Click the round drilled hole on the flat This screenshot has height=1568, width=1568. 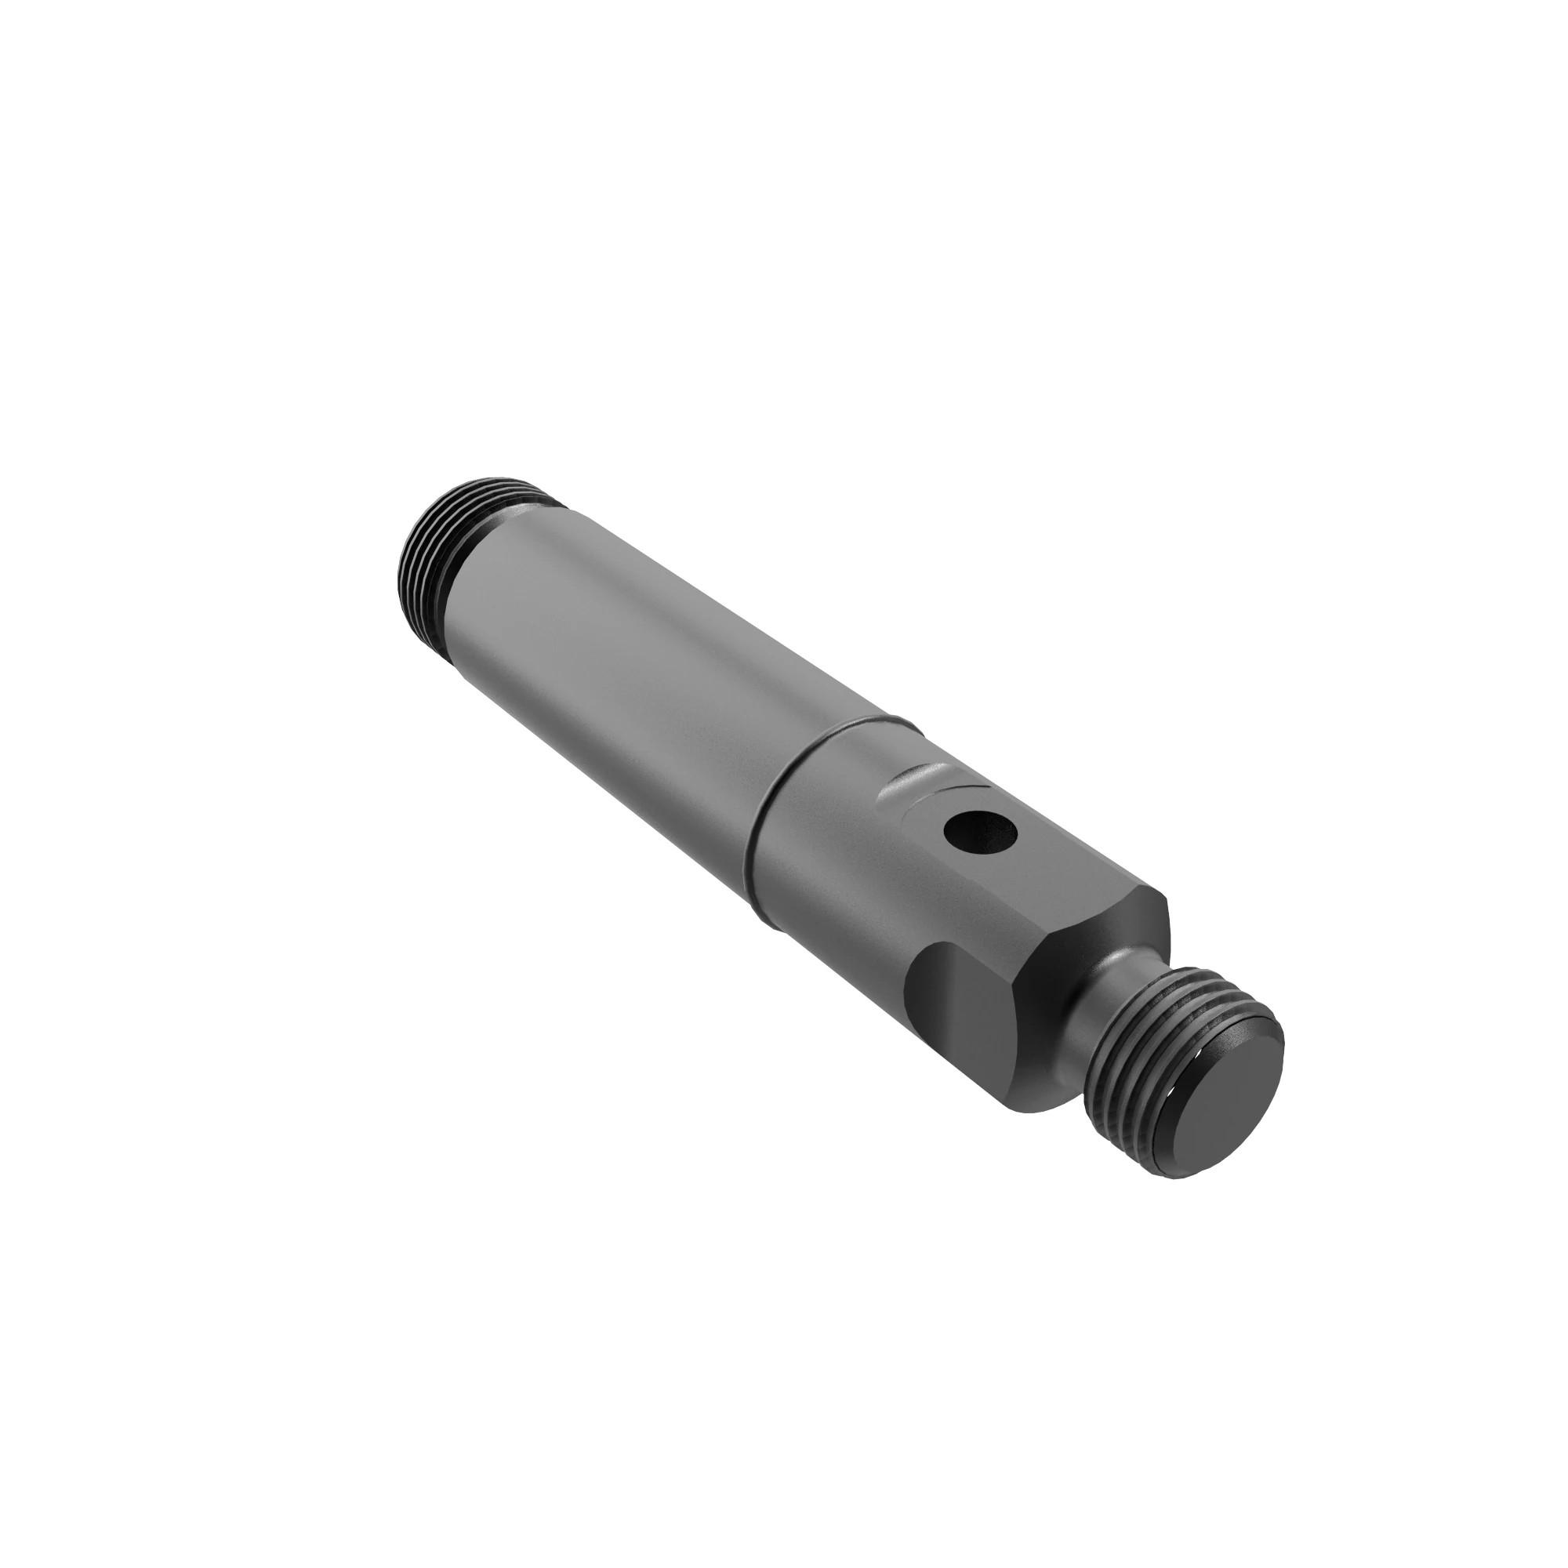982,833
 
